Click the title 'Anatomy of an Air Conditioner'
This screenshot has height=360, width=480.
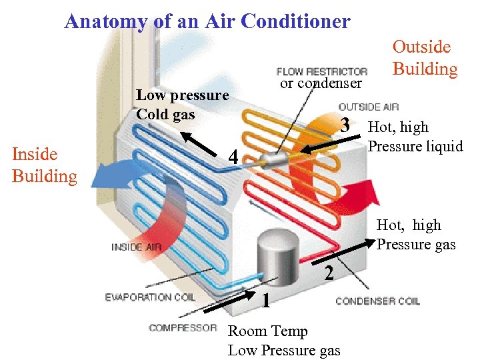[x=207, y=21]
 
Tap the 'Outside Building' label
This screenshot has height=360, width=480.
[x=425, y=58]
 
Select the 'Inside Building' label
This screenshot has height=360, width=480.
[x=44, y=165]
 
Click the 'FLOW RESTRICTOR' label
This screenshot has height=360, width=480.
[x=322, y=71]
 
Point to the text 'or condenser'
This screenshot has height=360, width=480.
[x=321, y=83]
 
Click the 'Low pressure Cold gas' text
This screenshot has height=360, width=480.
[x=182, y=105]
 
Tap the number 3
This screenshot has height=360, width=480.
[x=345, y=125]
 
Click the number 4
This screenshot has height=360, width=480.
[x=233, y=158]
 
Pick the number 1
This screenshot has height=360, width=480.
[x=265, y=301]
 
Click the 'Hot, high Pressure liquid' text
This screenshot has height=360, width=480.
[x=415, y=137]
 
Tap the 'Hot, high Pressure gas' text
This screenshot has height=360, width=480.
[x=416, y=235]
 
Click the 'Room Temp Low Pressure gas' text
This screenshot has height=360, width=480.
[x=284, y=341]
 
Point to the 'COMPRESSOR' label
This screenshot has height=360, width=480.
[x=183, y=327]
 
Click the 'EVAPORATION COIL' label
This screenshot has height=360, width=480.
[x=150, y=297]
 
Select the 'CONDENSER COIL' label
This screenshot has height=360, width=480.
[x=377, y=301]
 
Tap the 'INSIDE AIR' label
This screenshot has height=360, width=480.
[x=136, y=247]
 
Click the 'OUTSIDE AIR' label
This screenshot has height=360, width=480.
[x=369, y=107]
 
